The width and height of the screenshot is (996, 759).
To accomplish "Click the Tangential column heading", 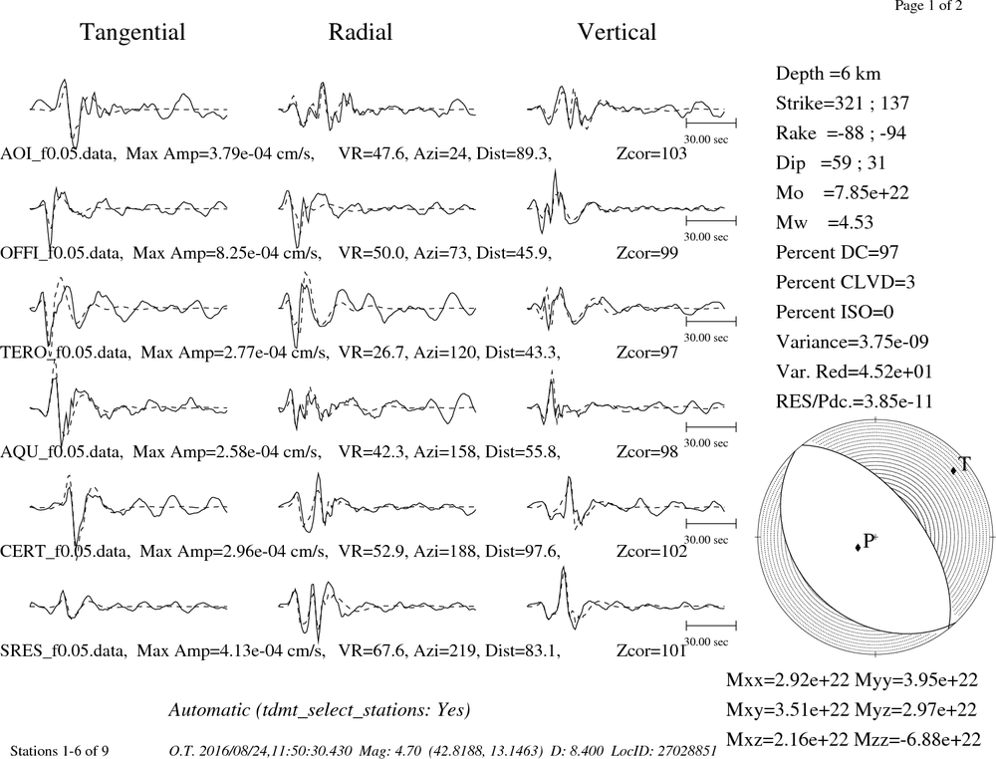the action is tap(132, 33).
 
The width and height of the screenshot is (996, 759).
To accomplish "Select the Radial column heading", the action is tap(361, 32).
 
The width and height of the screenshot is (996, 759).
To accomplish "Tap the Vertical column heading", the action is tap(617, 32).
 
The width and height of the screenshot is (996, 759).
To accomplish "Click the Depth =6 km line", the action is tap(829, 74).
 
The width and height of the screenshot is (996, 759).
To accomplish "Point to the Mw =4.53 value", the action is tap(825, 222).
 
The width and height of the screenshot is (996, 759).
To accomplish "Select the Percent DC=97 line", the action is tap(838, 252).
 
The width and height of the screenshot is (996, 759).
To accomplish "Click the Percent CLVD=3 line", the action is tap(846, 282).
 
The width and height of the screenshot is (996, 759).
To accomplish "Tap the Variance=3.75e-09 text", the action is tap(853, 342).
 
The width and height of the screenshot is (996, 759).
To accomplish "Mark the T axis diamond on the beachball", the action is tap(953, 471).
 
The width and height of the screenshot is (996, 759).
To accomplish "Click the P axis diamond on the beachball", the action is tap(859, 547).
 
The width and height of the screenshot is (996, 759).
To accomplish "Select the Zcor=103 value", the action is tap(651, 153).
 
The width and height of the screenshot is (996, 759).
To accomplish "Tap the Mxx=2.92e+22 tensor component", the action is tap(788, 679).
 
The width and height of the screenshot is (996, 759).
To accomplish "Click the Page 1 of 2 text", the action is tap(928, 6).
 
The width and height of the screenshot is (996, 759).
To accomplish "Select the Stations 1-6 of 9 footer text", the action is tap(60, 751).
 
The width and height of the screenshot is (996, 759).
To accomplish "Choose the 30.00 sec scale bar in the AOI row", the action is tap(711, 123).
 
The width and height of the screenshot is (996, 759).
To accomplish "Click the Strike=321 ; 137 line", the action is tap(843, 103).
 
